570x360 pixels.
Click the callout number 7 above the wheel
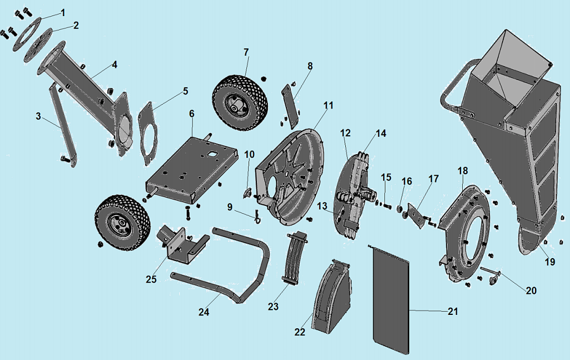[x=245, y=52]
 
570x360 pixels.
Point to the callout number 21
[x=453, y=312]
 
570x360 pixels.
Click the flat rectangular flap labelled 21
[x=390, y=300]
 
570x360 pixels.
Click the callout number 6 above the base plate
[x=192, y=114]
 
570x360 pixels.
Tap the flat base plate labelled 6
[x=189, y=167]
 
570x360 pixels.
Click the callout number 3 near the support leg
[x=38, y=116]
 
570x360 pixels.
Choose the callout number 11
[x=328, y=105]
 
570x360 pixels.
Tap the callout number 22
[x=300, y=332]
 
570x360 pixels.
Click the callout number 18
[x=463, y=171]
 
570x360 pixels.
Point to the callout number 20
[x=531, y=290]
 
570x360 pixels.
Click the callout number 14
[x=380, y=134]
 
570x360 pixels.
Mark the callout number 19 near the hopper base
[x=549, y=261]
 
